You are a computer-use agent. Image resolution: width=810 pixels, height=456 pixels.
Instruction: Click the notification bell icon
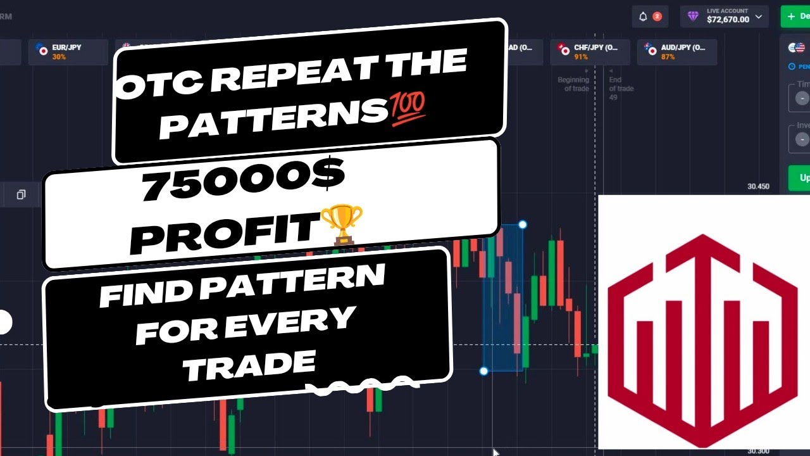(644, 16)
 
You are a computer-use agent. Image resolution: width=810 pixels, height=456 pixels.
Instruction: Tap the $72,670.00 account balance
(728, 20)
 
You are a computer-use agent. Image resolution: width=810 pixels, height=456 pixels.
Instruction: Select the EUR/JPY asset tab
(66, 51)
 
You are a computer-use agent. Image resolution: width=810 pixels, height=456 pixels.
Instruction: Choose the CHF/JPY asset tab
(590, 51)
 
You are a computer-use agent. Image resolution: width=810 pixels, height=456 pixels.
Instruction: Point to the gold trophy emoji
(342, 224)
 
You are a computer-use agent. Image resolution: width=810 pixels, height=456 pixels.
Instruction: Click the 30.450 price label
(757, 187)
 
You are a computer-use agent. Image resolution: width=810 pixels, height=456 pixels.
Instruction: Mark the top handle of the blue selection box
(522, 224)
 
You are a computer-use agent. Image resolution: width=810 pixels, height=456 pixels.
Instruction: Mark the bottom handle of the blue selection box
(484, 371)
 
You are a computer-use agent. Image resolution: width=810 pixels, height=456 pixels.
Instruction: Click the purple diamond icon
(694, 16)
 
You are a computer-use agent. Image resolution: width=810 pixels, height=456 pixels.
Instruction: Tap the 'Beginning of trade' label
(573, 84)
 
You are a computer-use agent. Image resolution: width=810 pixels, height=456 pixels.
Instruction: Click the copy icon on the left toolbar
(21, 194)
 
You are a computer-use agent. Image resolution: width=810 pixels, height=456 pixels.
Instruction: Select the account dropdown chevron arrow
(759, 16)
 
